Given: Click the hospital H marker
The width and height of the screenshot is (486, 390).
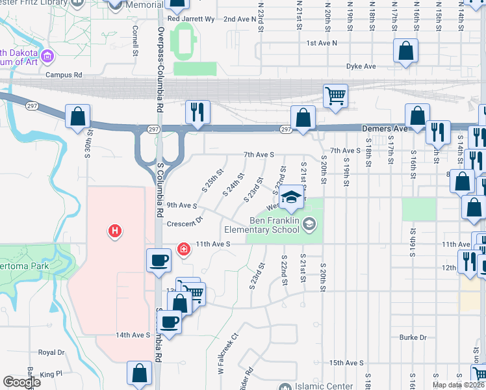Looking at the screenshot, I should tap(115, 231).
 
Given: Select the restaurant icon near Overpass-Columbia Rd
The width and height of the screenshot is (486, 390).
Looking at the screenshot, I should tap(198, 112).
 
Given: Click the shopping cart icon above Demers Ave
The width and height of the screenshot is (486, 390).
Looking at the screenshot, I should tap(335, 96).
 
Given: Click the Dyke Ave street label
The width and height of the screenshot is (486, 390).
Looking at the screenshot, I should tap(361, 66).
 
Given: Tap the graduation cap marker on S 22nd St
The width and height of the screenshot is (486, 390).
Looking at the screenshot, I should tap(292, 197).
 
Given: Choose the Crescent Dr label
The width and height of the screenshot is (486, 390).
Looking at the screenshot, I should tap(185, 223).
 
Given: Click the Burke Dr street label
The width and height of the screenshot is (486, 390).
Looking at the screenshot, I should tap(413, 337).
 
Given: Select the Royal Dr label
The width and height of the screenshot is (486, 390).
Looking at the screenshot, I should tap(52, 352).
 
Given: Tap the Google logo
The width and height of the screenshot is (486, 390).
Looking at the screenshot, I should tap(21, 382).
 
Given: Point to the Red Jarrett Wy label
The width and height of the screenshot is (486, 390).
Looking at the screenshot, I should tap(191, 19).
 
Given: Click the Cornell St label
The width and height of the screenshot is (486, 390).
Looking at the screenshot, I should tap(136, 40).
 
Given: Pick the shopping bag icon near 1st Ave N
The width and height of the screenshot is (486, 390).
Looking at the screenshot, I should tap(406, 51).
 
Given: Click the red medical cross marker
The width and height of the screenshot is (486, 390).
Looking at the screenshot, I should tap(185, 249).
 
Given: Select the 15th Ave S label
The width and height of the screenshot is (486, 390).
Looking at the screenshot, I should tap(346, 363).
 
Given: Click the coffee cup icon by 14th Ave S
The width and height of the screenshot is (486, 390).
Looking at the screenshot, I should tap(170, 322).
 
